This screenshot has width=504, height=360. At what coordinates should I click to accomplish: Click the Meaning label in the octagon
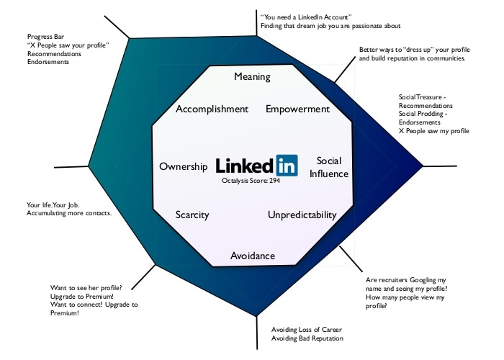point(252,76)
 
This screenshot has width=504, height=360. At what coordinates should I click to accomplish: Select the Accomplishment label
point(212,109)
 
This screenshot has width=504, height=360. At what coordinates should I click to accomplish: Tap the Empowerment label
point(297,109)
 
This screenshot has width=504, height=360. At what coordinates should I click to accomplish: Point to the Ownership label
point(184,166)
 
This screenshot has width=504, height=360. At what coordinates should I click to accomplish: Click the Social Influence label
point(333,166)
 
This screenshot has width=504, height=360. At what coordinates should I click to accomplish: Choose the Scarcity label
point(193,215)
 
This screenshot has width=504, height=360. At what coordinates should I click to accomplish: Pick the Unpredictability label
point(302,215)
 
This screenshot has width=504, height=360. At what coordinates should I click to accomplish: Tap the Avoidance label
point(252,256)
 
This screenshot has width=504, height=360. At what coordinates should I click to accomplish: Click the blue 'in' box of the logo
point(286,165)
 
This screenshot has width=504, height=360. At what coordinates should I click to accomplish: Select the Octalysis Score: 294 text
point(251,181)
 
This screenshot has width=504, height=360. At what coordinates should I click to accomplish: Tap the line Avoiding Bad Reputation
point(307,338)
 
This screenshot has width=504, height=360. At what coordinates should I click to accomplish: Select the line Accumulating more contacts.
point(69,214)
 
